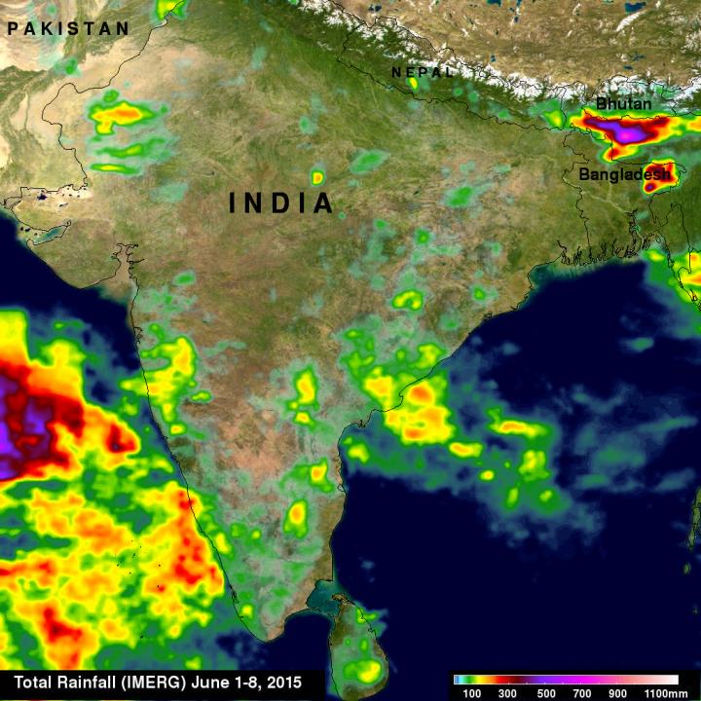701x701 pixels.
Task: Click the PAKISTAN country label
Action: (x=68, y=29)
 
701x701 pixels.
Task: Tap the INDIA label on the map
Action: (x=281, y=203)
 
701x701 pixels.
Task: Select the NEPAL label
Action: (x=423, y=73)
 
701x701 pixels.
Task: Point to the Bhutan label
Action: (x=623, y=103)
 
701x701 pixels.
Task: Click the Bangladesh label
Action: (x=624, y=175)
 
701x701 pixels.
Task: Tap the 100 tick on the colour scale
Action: (x=473, y=691)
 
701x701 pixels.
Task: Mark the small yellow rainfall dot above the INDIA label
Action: (x=317, y=177)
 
